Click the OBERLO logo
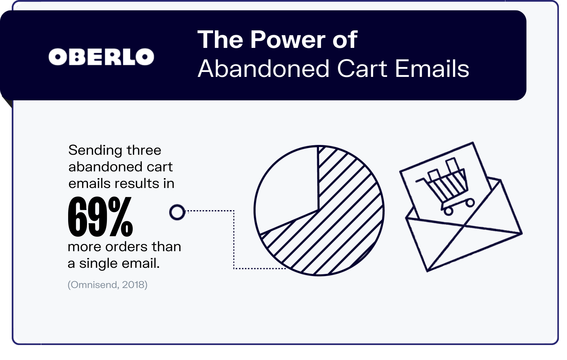101,57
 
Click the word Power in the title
288,40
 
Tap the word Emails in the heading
432,69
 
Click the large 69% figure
100,217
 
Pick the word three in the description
144,150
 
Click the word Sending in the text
95,151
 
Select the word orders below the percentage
124,247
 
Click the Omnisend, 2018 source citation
108,285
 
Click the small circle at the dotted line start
177,212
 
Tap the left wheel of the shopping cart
449,211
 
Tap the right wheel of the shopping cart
470,203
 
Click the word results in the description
136,183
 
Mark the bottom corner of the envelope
427,271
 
